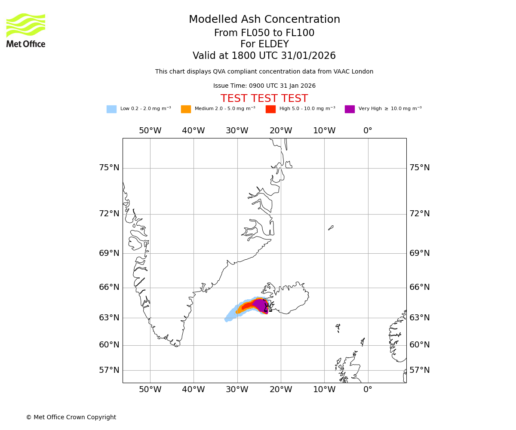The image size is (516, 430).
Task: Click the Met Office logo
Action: click(26, 30)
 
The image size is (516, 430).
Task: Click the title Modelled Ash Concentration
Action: click(264, 20)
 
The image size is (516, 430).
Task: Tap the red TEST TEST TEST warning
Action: click(264, 98)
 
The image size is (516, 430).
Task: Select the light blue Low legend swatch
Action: click(111, 109)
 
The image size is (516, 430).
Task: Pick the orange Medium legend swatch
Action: click(186, 109)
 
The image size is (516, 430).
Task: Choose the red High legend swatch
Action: click(270, 109)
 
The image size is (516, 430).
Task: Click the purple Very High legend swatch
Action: click(350, 109)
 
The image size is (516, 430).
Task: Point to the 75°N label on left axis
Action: click(109, 168)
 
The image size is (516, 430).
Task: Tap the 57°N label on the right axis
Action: click(419, 370)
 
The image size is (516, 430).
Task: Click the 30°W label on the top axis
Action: click(237, 131)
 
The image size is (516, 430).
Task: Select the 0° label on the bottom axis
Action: click(368, 390)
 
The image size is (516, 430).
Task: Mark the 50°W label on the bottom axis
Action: click(150, 390)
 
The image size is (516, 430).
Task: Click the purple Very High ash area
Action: click(261, 305)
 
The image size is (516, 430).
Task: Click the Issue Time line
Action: click(264, 86)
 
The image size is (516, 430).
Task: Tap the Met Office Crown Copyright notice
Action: click(71, 417)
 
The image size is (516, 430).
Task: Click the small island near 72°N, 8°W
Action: click(331, 227)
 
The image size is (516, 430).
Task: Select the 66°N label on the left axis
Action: click(109, 287)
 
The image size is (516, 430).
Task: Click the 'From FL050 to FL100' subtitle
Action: click(264, 33)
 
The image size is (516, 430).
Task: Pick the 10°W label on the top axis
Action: click(324, 131)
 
